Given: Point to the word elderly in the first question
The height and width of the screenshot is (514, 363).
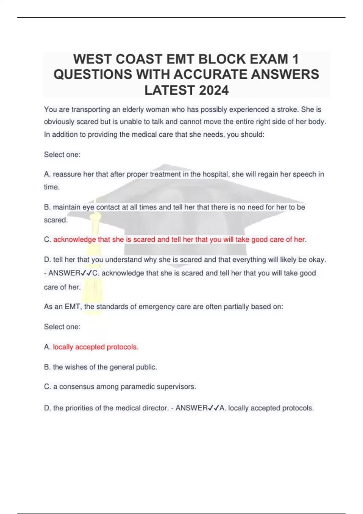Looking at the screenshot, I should (133, 109).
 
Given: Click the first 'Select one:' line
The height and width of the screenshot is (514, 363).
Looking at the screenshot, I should (62, 155).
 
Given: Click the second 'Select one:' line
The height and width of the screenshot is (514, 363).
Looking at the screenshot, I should (62, 327).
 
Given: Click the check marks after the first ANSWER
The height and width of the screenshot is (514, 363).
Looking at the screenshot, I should (87, 273).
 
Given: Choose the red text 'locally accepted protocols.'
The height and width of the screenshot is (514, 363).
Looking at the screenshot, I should (96, 347).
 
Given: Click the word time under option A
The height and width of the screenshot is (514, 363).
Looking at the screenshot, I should (51, 187).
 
